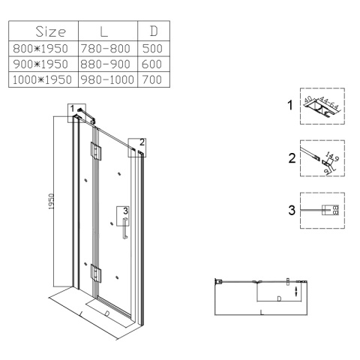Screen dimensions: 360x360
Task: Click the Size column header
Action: pyautogui.click(x=51, y=31)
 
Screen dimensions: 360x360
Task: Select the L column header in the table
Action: pyautogui.click(x=103, y=31)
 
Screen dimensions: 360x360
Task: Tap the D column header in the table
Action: pyautogui.click(x=154, y=31)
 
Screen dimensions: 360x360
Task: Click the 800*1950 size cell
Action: pyautogui.click(x=40, y=49)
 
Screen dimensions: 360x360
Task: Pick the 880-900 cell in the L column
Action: pyautogui.click(x=105, y=64)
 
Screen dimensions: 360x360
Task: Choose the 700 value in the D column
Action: pyautogui.click(x=152, y=79)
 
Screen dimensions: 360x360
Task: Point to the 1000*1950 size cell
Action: pyautogui.click(x=42, y=79)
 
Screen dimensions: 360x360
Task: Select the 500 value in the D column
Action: pyautogui.click(x=152, y=49)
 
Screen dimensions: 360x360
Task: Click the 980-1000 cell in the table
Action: pyautogui.click(x=107, y=79)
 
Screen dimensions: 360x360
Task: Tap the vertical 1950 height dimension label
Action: pyautogui.click(x=51, y=201)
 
